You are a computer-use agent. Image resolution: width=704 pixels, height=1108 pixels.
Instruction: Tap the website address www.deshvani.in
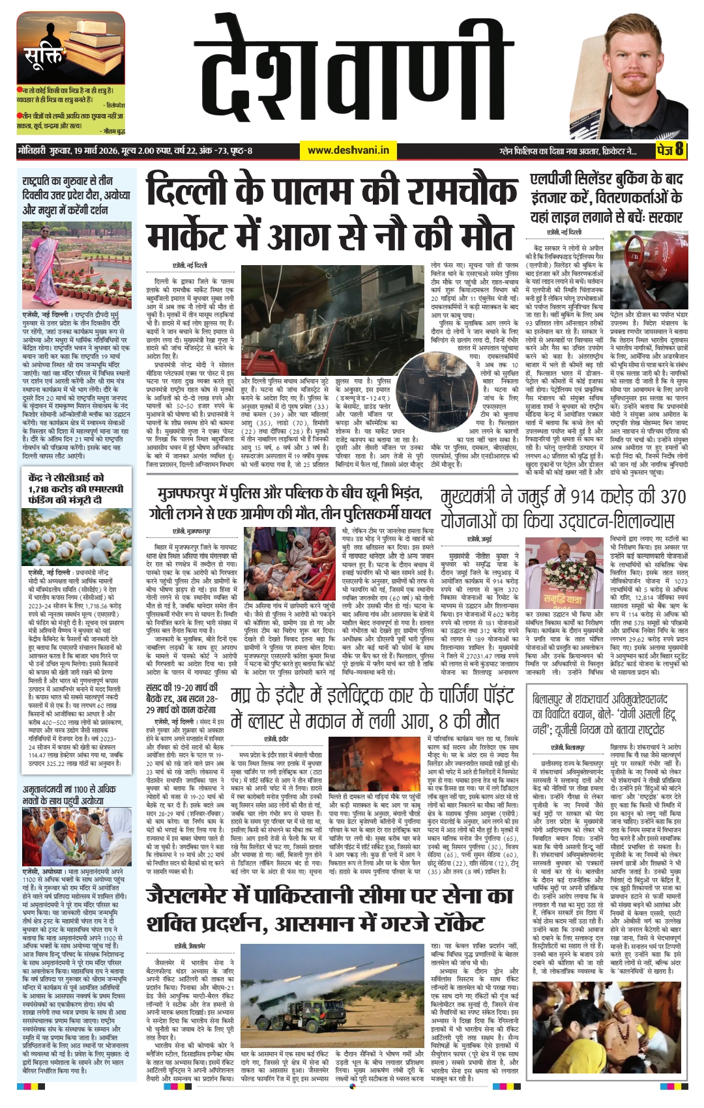tap(348, 150)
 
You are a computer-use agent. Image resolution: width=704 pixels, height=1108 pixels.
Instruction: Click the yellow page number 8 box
tap(671, 150)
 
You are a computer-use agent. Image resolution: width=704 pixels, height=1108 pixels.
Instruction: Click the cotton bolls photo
tap(76, 537)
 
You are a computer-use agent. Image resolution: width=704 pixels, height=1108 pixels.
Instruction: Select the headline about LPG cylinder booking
tap(606, 198)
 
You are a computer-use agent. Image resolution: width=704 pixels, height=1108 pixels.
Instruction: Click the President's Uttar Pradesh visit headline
tap(76, 195)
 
